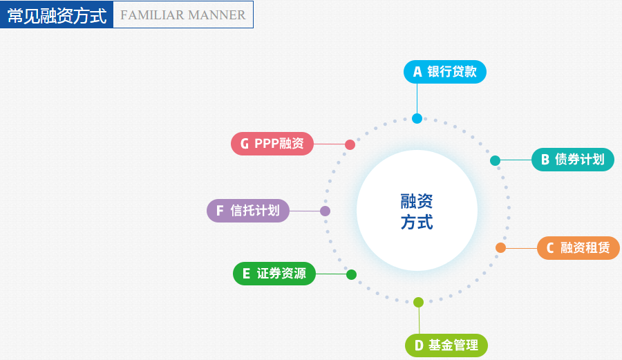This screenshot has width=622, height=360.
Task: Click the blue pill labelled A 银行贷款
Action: [x=445, y=72]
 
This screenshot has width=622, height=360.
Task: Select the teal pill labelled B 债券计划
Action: [x=572, y=160]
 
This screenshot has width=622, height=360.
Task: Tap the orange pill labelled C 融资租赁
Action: [x=578, y=248]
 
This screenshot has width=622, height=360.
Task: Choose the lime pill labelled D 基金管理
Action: [x=446, y=345]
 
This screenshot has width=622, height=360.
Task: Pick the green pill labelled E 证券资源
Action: [x=274, y=274]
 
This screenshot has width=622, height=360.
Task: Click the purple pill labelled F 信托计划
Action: [x=248, y=211]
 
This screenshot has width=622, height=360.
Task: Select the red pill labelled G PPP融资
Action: [x=272, y=144]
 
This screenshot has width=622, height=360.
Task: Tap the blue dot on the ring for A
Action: [x=417, y=118]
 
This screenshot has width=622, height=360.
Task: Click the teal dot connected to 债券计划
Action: [x=495, y=161]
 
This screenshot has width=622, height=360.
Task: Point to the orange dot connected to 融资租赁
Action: [x=500, y=248]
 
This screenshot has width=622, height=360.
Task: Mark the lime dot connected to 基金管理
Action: [x=418, y=302]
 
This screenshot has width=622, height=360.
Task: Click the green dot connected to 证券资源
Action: [x=351, y=274]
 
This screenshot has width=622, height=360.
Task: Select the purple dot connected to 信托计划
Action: [x=325, y=211]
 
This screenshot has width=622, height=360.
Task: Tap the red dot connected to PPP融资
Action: [x=350, y=144]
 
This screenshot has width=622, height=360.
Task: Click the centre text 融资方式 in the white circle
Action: [x=417, y=211]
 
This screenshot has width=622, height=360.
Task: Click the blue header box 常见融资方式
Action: [x=57, y=15]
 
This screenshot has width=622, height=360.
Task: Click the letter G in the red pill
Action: [x=245, y=144]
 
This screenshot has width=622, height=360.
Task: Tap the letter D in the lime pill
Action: [x=418, y=345]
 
